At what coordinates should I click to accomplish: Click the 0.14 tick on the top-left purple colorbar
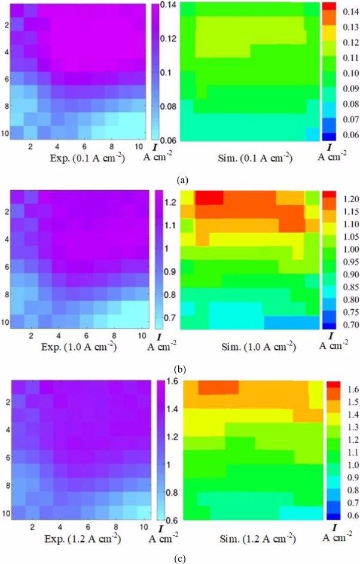tap(169, 5)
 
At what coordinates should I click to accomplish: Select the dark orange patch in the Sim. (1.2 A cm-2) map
tap(218, 387)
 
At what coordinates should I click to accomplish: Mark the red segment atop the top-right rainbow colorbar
tap(331, 5)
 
